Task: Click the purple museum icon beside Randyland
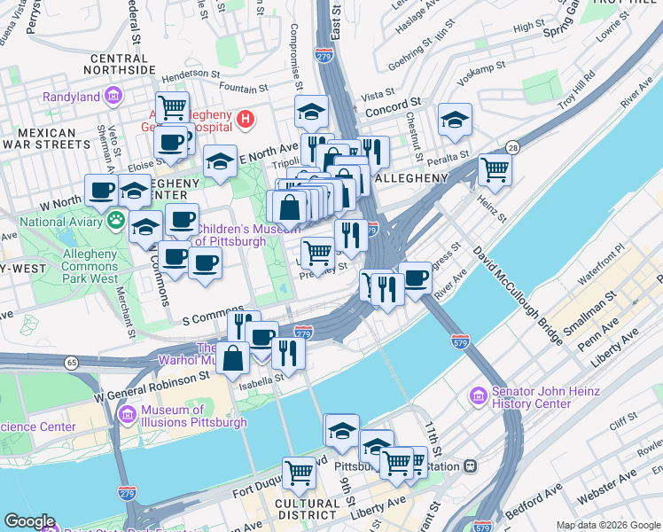[x=113, y=95]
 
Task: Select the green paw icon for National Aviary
[x=116, y=218]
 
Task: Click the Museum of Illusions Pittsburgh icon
[x=127, y=413]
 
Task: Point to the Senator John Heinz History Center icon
[x=479, y=395]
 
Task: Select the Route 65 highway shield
[x=71, y=363]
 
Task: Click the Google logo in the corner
[x=30, y=521]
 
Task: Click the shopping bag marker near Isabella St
[x=233, y=358]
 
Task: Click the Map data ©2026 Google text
[x=607, y=525]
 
